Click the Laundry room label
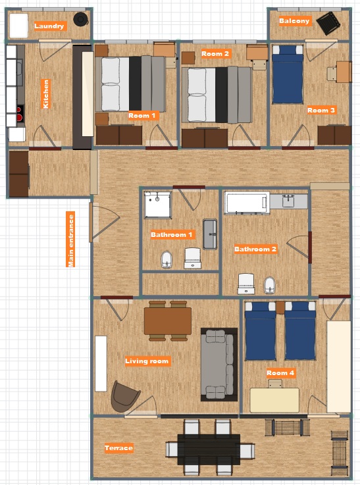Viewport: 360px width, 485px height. pyautogui.click(x=49, y=26)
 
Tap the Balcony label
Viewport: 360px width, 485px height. pyautogui.click(x=294, y=20)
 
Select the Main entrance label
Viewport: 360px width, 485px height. pyautogui.click(x=70, y=239)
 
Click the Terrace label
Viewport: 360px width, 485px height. pyautogui.click(x=118, y=447)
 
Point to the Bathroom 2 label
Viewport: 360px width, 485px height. pyautogui.click(x=255, y=249)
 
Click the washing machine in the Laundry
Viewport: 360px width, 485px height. pyautogui.click(x=19, y=26)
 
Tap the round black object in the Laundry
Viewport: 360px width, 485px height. pyautogui.click(x=81, y=20)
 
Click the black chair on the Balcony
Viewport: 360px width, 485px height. pyautogui.click(x=328, y=23)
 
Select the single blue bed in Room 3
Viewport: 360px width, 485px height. pyautogui.click(x=287, y=74)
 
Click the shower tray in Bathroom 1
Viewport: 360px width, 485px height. pyautogui.click(x=157, y=205)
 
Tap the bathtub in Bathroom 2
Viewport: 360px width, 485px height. pyautogui.click(x=247, y=203)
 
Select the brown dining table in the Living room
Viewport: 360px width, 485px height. pyautogui.click(x=168, y=320)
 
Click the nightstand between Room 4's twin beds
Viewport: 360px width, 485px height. pyautogui.click(x=280, y=307)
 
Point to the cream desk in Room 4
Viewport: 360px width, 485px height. pyautogui.click(x=274, y=400)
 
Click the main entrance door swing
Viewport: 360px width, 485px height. pyautogui.click(x=105, y=222)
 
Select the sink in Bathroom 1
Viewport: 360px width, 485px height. pyautogui.click(x=210, y=234)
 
